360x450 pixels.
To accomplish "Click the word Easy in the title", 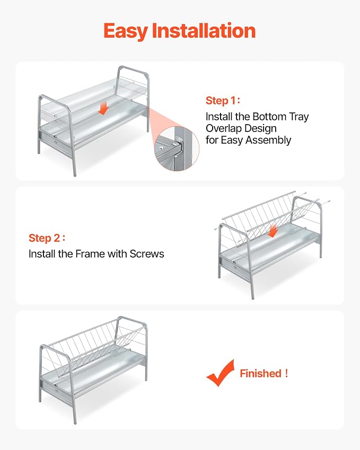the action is tap(126, 31).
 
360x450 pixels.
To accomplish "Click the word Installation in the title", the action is tap(203, 30).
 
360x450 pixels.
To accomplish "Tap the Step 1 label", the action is tap(223, 101).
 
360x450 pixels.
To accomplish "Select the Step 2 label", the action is tap(47, 238).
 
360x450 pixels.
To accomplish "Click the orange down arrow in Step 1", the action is tap(103, 109).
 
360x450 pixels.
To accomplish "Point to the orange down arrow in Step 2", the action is tap(273, 231).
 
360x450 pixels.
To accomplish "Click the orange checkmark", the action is tap(221, 373).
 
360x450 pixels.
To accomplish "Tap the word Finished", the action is tap(260, 373).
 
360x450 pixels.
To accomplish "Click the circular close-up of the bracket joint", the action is tap(177, 148).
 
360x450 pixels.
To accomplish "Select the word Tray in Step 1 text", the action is tap(299, 117).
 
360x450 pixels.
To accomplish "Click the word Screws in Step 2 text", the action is tap(147, 254).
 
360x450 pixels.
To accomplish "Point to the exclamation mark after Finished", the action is tap(286, 373).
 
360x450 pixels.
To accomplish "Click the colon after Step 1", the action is tap(239, 101).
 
